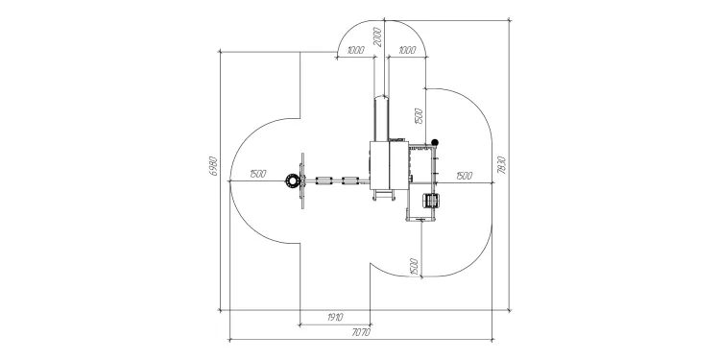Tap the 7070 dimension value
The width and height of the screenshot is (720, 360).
[360, 332]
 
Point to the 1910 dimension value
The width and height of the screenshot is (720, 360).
[335, 318]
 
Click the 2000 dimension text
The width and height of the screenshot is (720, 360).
[377, 37]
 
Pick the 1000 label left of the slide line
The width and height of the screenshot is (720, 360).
[356, 50]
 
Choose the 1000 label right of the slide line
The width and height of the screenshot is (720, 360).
[407, 50]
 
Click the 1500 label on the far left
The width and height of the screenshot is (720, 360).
[258, 174]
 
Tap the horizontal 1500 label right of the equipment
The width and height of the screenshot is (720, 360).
[465, 176]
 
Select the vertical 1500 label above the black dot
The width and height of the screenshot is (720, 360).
[418, 116]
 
